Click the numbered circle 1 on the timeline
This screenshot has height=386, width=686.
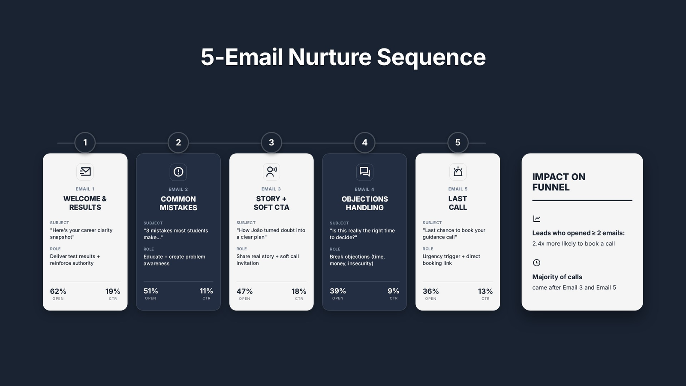pyautogui.click(x=85, y=142)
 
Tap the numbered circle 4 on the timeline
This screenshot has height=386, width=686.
pyautogui.click(x=364, y=142)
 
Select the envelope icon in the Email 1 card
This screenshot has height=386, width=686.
pyautogui.click(x=85, y=172)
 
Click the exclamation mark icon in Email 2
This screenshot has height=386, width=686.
pyautogui.click(x=178, y=172)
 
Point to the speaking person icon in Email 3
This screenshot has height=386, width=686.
pyautogui.click(x=271, y=172)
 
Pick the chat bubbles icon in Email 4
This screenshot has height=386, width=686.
pyautogui.click(x=364, y=172)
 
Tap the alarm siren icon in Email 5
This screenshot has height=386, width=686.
pyautogui.click(x=458, y=172)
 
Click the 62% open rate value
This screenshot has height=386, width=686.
pyautogui.click(x=58, y=291)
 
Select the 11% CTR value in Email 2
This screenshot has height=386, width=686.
pyautogui.click(x=206, y=291)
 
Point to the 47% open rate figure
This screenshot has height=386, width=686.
pyautogui.click(x=244, y=291)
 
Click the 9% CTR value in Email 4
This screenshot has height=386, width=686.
pyautogui.click(x=393, y=291)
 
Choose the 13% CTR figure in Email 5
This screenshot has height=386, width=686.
pyautogui.click(x=485, y=291)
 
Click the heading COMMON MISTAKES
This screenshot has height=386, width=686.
pyautogui.click(x=178, y=203)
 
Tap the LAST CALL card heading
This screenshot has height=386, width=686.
pyautogui.click(x=458, y=203)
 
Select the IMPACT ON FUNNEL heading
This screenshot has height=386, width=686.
pyautogui.click(x=559, y=182)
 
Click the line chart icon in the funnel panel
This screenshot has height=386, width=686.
pyautogui.click(x=536, y=219)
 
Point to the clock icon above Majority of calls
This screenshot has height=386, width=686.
pyautogui.click(x=536, y=262)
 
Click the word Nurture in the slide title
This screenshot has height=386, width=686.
pyautogui.click(x=330, y=57)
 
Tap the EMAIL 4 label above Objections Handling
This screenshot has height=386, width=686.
pyautogui.click(x=364, y=189)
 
